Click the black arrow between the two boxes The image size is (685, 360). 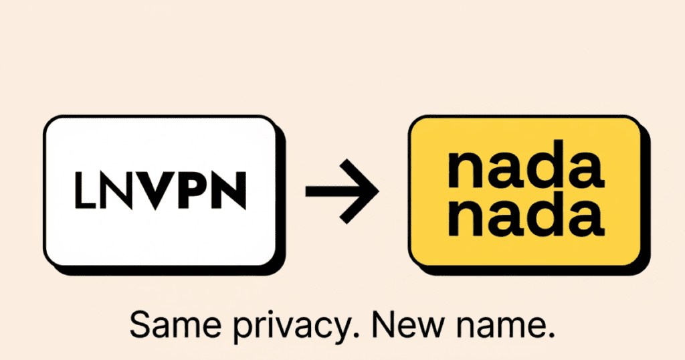[342, 191]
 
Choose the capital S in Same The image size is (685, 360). [140, 326]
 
